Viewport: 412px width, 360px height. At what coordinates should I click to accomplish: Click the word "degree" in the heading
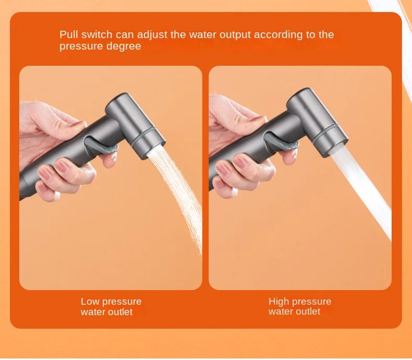coord(124,46)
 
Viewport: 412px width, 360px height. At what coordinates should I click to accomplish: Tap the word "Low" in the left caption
coord(90,302)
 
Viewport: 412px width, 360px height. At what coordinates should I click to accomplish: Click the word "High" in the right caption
coord(279,302)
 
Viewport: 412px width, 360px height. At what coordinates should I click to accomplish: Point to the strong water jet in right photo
coord(365,193)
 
